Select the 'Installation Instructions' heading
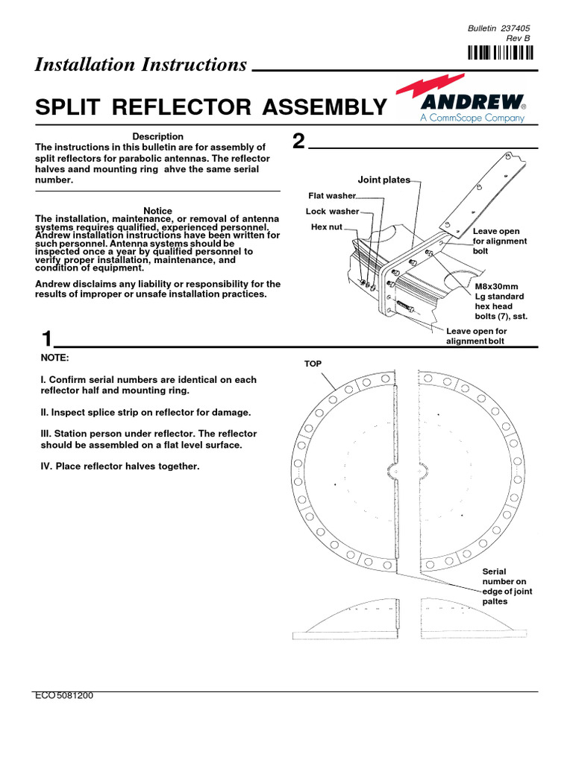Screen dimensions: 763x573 (x=140, y=65)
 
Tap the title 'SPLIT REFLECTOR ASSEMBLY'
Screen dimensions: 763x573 (x=211, y=108)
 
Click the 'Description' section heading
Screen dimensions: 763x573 (x=157, y=136)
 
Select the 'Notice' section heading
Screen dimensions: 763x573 (x=157, y=211)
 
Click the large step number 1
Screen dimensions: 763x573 (x=47, y=339)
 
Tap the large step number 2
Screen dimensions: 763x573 (x=298, y=142)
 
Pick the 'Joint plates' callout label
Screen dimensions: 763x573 (x=383, y=180)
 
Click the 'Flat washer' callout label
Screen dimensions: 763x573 (x=332, y=196)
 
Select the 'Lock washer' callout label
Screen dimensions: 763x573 (x=332, y=212)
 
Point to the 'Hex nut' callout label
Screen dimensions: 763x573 (x=326, y=227)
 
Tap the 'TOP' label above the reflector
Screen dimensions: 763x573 (x=311, y=364)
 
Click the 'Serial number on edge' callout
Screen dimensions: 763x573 (x=507, y=586)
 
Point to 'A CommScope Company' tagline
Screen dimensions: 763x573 (x=472, y=118)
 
